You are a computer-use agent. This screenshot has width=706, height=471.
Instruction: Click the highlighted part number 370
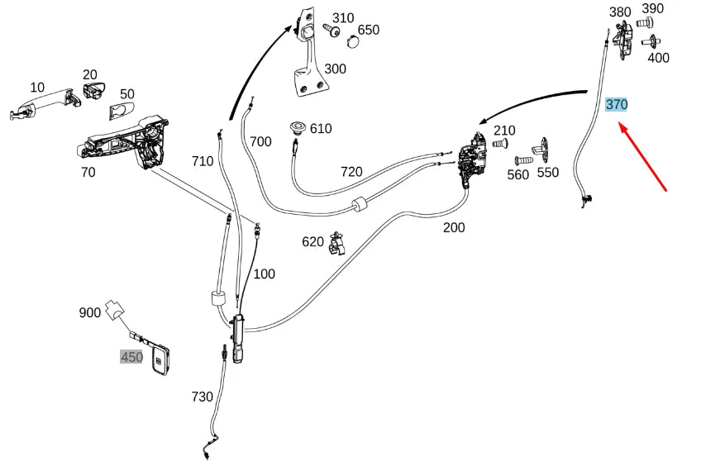[617, 105]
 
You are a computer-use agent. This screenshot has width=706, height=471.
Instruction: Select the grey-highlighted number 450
[131, 357]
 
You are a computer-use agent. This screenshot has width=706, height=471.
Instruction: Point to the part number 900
[90, 312]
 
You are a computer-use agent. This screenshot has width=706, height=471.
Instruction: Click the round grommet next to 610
[295, 128]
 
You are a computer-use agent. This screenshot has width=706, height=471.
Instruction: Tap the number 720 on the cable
[351, 172]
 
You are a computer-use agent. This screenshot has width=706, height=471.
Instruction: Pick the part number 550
[547, 173]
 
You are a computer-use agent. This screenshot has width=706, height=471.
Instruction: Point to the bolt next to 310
[331, 31]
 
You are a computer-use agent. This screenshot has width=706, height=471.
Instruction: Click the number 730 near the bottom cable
[202, 397]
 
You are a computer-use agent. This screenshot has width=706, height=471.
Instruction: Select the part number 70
[88, 173]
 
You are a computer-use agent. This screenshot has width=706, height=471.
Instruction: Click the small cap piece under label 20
[92, 90]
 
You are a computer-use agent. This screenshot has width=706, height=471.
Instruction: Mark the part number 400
[658, 58]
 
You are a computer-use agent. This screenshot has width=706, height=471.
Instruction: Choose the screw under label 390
[647, 22]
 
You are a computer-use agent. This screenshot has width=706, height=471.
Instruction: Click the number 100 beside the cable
[264, 274]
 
